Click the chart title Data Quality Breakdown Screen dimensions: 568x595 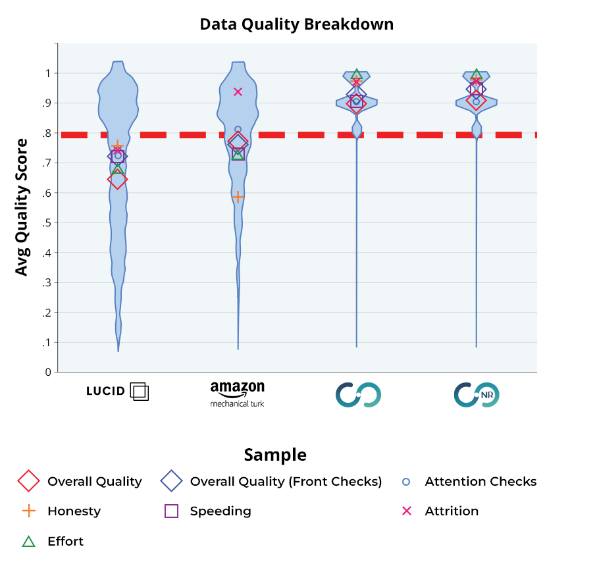click(x=296, y=24)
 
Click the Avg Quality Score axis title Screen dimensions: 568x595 click(x=22, y=207)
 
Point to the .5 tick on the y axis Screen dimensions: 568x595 click(x=46, y=222)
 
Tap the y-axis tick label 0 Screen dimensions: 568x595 click(x=48, y=372)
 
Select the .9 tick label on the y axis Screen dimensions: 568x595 click(x=46, y=103)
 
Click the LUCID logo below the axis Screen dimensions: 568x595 click(x=117, y=391)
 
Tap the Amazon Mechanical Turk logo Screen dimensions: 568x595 click(x=237, y=394)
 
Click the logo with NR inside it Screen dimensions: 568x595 click(x=477, y=394)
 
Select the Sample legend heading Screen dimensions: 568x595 click(x=275, y=455)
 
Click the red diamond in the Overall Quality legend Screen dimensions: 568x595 click(x=28, y=481)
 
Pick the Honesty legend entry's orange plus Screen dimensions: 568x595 click(x=28, y=511)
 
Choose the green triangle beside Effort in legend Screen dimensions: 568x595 click(x=28, y=541)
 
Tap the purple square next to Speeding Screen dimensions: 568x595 click(x=171, y=511)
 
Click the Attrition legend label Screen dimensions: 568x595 click(x=452, y=511)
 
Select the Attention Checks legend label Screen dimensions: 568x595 click(x=480, y=481)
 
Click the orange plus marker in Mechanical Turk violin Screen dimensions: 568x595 click(x=238, y=197)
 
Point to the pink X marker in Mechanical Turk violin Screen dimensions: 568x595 click(x=238, y=91)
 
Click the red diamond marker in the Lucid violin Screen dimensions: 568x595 click(x=117, y=179)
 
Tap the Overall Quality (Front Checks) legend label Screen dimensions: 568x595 click(x=286, y=481)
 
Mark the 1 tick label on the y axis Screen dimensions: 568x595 click(x=48, y=73)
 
